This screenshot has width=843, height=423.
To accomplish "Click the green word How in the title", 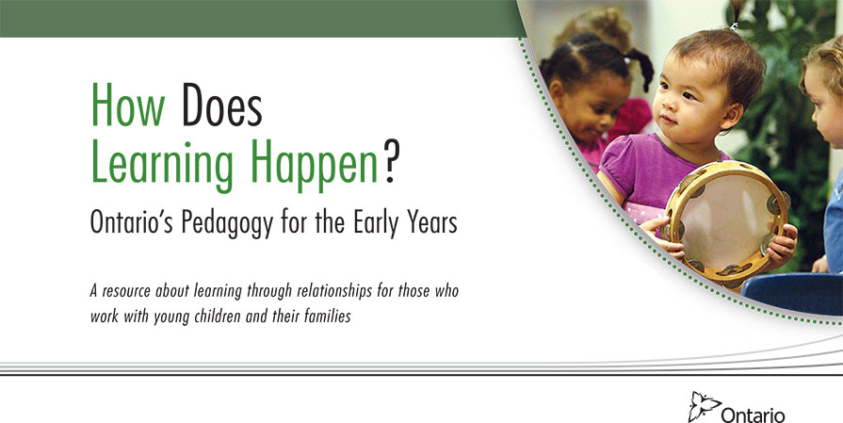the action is tap(128, 105).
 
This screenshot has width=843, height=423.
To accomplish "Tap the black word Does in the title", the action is tap(221, 105).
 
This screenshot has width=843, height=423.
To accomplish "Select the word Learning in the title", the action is tap(162, 164).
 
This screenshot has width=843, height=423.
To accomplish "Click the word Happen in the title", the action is tap(314, 164).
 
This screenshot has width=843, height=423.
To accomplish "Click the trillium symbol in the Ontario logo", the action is tap(704, 406).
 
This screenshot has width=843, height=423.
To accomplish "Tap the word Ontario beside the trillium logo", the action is tap(753, 415).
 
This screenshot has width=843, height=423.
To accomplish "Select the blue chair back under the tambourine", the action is tap(791, 294).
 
